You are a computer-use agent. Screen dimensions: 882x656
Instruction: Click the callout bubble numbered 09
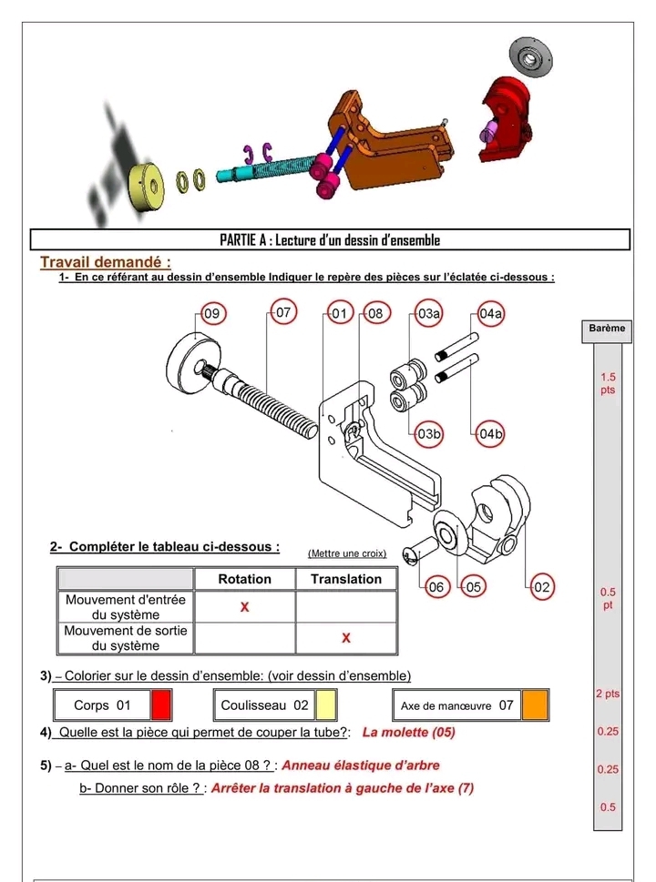coord(211,314)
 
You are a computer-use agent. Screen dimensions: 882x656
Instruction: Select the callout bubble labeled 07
coord(283,313)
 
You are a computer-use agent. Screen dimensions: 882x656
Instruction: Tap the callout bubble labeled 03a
coord(429,314)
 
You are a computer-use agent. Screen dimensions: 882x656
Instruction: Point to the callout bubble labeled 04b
coord(491,434)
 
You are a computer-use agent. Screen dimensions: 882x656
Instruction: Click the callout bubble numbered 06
coord(436,587)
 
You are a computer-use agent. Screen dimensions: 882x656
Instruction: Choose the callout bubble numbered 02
coord(542,587)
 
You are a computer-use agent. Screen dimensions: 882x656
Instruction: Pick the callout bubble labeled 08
coord(374,314)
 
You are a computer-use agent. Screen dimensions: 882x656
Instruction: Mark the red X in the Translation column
coord(346,638)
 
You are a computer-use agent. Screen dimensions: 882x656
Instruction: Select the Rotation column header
coord(244,579)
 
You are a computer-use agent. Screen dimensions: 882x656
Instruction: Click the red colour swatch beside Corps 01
coord(161,705)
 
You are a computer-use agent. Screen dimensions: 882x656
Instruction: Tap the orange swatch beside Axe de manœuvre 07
coord(535,705)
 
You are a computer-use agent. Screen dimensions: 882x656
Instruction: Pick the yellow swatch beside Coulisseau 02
coord(326,705)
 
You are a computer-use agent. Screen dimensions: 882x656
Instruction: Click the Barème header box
coord(606,329)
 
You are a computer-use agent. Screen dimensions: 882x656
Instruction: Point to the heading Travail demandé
coord(106,262)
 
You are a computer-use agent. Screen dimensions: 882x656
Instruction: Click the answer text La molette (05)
coord(408,732)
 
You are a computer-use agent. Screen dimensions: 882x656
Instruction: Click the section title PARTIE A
coord(330,240)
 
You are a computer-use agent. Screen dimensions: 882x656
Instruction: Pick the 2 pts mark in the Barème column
coord(608,694)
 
